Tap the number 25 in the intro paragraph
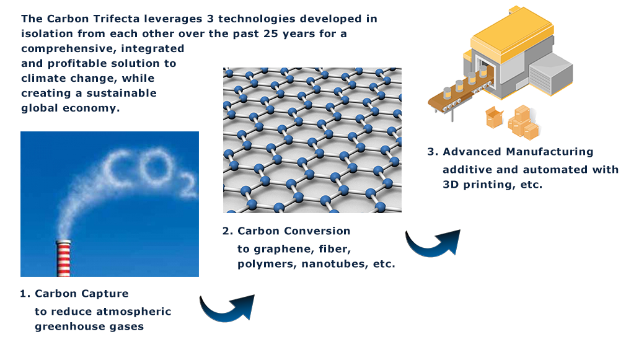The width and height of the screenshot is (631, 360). pyautogui.click(x=271, y=34)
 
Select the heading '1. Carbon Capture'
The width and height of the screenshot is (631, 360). pyautogui.click(x=74, y=294)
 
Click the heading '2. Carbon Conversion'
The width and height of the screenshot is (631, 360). pyautogui.click(x=286, y=231)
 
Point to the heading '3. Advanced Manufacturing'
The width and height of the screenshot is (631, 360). pyautogui.click(x=510, y=152)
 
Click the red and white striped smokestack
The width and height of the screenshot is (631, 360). pyautogui.click(x=64, y=258)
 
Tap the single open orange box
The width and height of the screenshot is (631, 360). pyautogui.click(x=495, y=117)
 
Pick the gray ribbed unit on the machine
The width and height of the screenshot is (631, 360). pyautogui.click(x=551, y=74)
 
